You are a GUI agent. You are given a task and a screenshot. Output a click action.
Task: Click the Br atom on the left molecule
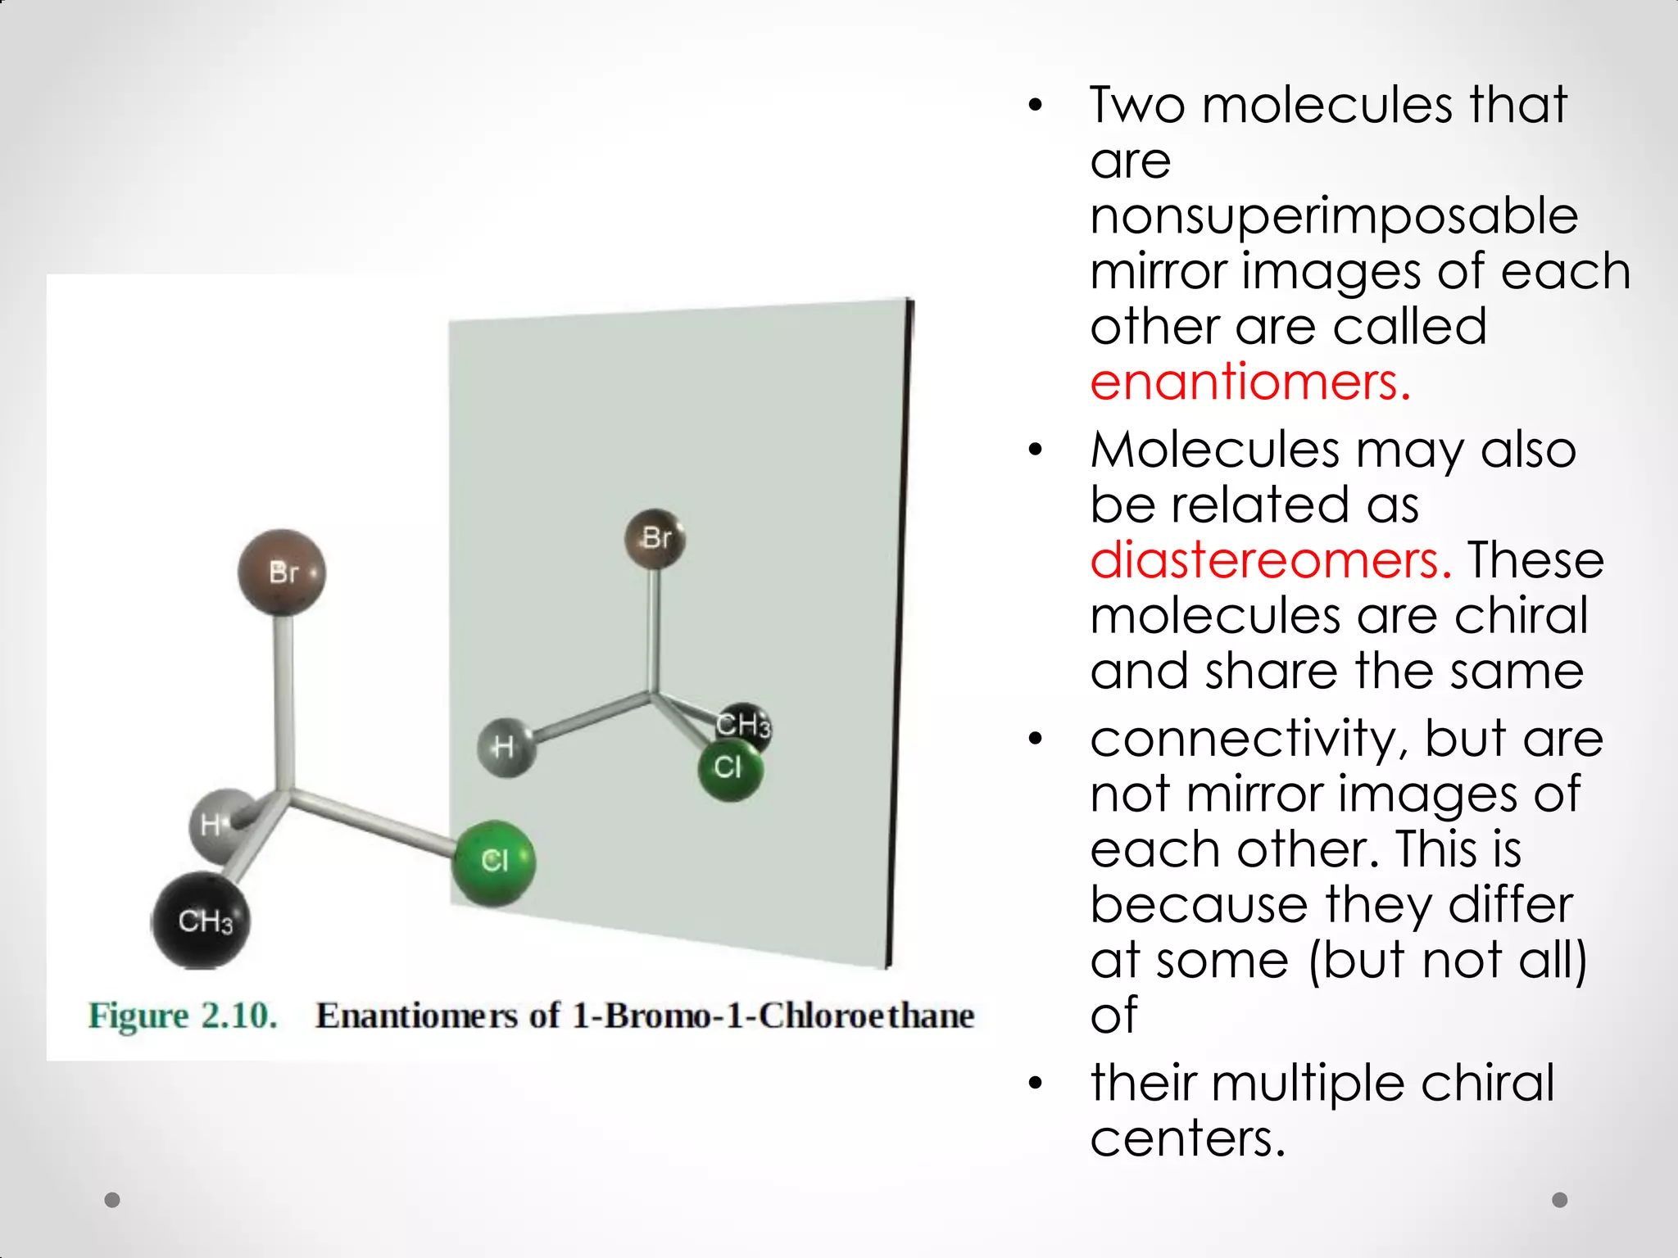[282, 572]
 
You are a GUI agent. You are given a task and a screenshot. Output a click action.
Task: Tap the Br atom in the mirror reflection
[655, 539]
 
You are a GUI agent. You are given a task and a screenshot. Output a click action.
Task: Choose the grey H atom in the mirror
[506, 747]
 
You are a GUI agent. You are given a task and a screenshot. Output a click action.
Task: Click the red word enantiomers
[1249, 382]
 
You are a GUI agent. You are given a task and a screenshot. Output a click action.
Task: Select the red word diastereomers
[1271, 561]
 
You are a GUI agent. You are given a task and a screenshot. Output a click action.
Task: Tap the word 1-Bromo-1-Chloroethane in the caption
[773, 1016]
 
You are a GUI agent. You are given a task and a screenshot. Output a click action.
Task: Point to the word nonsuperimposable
[1334, 216]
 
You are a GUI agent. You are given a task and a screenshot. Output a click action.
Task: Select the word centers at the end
[1187, 1138]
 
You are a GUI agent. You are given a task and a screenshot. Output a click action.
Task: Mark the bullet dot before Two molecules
[1036, 106]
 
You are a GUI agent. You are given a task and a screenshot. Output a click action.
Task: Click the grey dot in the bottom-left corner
[113, 1200]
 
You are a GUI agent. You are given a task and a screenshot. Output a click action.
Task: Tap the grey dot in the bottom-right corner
[1560, 1200]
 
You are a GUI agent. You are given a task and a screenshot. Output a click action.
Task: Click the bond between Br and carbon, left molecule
[283, 696]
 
